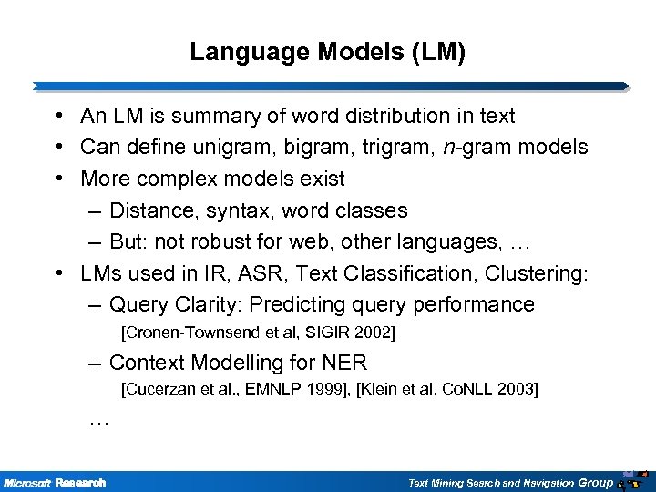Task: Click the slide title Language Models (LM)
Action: pos(327,54)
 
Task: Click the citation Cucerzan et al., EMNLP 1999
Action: pos(237,391)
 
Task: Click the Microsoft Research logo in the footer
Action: pos(55,482)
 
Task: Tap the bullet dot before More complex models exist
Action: pos(57,178)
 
